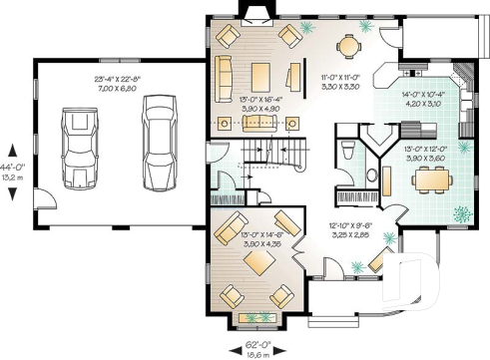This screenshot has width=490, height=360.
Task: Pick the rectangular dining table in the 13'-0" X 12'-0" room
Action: tap(429, 178)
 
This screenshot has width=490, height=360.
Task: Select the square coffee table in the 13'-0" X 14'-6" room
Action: tap(262, 262)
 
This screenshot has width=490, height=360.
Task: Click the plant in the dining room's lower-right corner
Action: tap(462, 211)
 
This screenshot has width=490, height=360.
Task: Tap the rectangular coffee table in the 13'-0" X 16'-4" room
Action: tap(261, 75)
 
